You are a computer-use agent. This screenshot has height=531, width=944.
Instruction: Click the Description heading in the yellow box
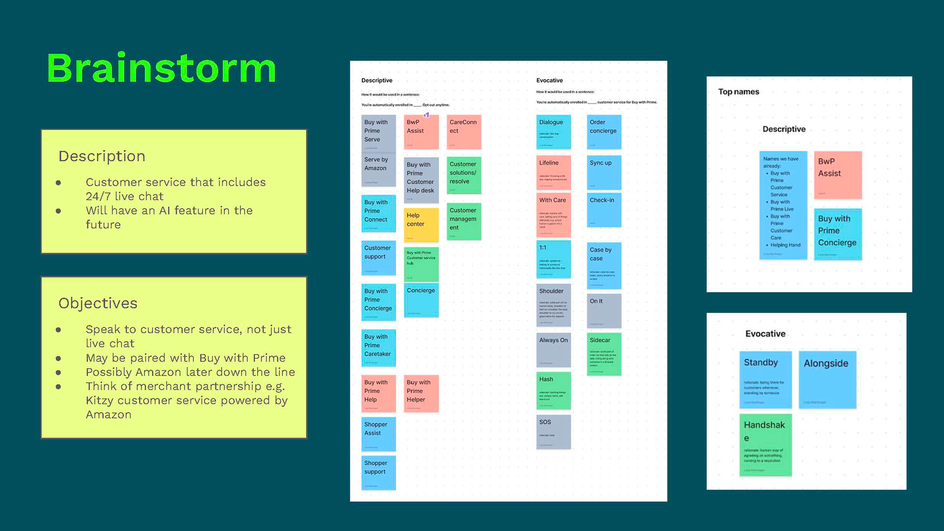(x=102, y=156)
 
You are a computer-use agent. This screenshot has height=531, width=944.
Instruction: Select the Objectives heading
(x=98, y=303)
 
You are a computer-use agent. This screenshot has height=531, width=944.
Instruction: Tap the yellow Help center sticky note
(x=421, y=225)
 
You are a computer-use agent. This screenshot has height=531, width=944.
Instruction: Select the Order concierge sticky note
(x=604, y=132)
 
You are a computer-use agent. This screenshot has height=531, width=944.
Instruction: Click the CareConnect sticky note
(x=464, y=132)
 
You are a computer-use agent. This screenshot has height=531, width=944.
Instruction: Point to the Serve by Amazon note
(x=378, y=170)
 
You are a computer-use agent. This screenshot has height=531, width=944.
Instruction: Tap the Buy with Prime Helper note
(x=421, y=393)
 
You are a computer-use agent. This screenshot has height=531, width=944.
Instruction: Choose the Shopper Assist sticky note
(x=378, y=434)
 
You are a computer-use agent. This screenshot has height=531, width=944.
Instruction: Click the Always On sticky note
(x=553, y=350)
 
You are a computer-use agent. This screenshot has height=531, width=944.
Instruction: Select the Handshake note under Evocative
(x=765, y=444)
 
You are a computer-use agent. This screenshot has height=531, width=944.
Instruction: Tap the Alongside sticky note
(x=827, y=379)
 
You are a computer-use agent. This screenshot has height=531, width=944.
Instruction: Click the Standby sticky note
(x=765, y=379)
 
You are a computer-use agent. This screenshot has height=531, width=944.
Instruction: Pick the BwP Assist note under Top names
(x=837, y=175)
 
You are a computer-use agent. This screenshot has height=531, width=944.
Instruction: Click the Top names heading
(x=738, y=92)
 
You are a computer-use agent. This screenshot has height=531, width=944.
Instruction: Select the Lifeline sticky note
(x=553, y=173)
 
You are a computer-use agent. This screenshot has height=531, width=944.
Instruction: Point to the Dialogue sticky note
(x=553, y=132)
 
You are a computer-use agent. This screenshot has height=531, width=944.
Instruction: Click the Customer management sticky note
(x=464, y=221)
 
